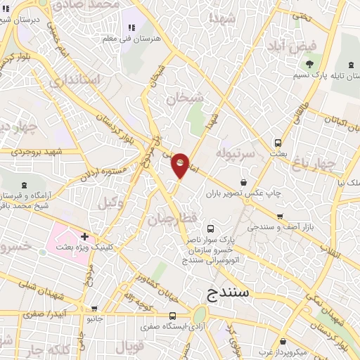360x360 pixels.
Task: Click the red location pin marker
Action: click(180, 165)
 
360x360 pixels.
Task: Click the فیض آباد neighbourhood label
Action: click(291, 46)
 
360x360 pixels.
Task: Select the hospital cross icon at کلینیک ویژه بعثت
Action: click(84, 236)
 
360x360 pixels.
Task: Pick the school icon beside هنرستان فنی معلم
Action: click(131, 28)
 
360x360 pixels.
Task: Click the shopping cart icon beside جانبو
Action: click(95, 308)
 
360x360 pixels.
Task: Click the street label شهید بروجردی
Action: click(40, 151)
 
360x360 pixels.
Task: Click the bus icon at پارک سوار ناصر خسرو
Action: click(210, 229)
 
